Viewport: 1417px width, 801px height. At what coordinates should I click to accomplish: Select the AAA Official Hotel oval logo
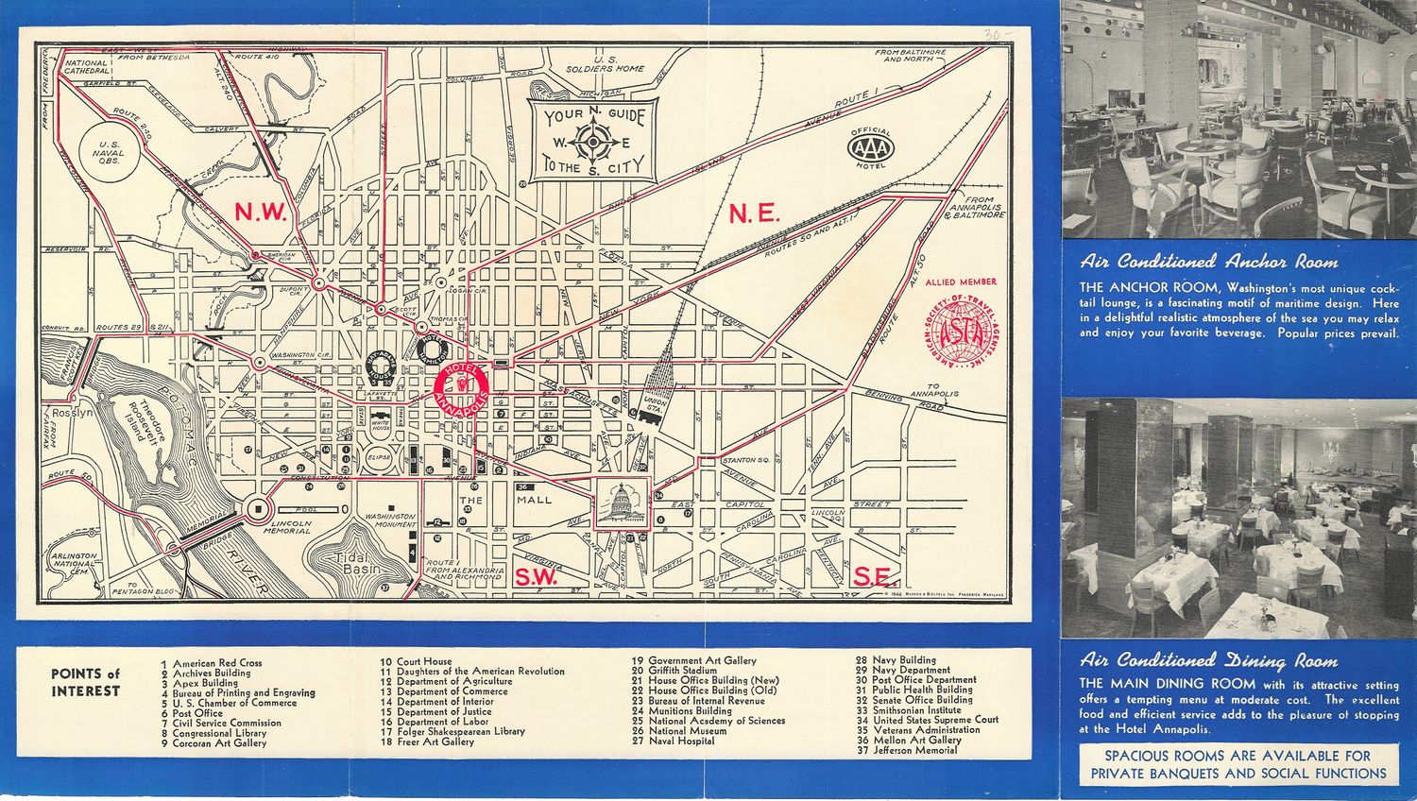(x=871, y=147)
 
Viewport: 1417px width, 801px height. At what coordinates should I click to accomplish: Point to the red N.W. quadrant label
(x=260, y=213)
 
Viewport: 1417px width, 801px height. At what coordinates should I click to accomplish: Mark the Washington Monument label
(x=390, y=521)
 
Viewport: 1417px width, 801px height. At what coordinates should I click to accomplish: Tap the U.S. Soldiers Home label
(x=605, y=63)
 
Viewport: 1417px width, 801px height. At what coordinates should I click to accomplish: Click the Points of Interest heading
(x=86, y=682)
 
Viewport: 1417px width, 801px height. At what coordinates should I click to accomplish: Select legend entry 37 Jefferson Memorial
(x=908, y=751)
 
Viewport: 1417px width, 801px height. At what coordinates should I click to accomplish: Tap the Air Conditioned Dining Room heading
(x=1209, y=660)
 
